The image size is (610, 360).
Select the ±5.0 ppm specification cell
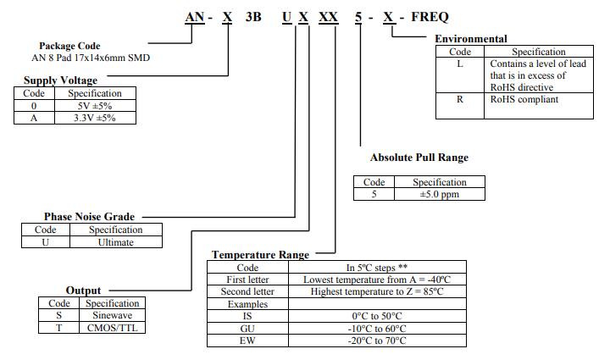coord(440,194)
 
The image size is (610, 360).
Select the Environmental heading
coord(471,39)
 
